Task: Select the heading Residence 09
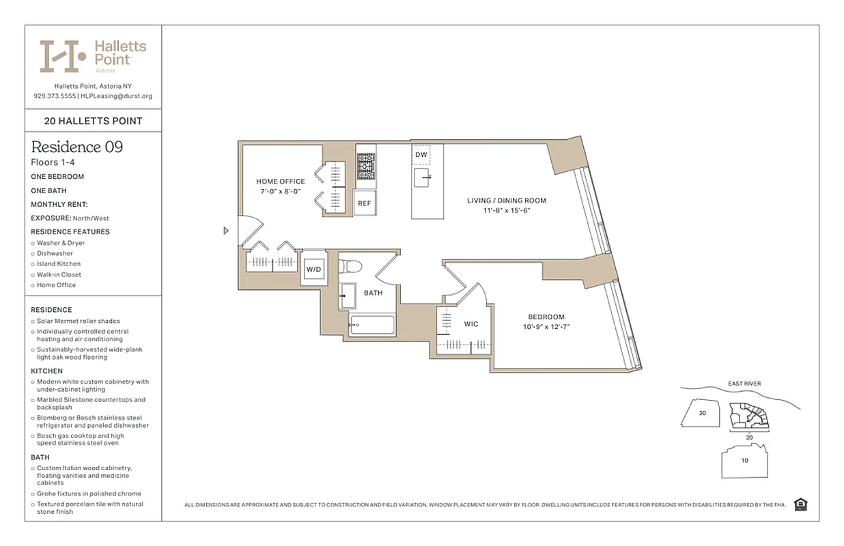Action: [x=76, y=147]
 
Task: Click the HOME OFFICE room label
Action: [x=280, y=182]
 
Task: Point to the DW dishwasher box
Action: [x=421, y=155]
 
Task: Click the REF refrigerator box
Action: [x=364, y=203]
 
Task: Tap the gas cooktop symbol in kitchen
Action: [x=366, y=165]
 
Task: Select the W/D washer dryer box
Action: [x=313, y=270]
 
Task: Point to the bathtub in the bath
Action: [x=371, y=325]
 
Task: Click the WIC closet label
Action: [x=471, y=324]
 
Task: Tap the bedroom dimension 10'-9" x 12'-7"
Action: [x=546, y=326]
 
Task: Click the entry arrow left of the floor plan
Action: [x=226, y=231]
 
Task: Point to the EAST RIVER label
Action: [x=744, y=384]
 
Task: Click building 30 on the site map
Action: [x=702, y=413]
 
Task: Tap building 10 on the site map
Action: [x=744, y=460]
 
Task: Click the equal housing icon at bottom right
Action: [x=801, y=504]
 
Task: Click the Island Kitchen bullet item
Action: [x=59, y=263]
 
